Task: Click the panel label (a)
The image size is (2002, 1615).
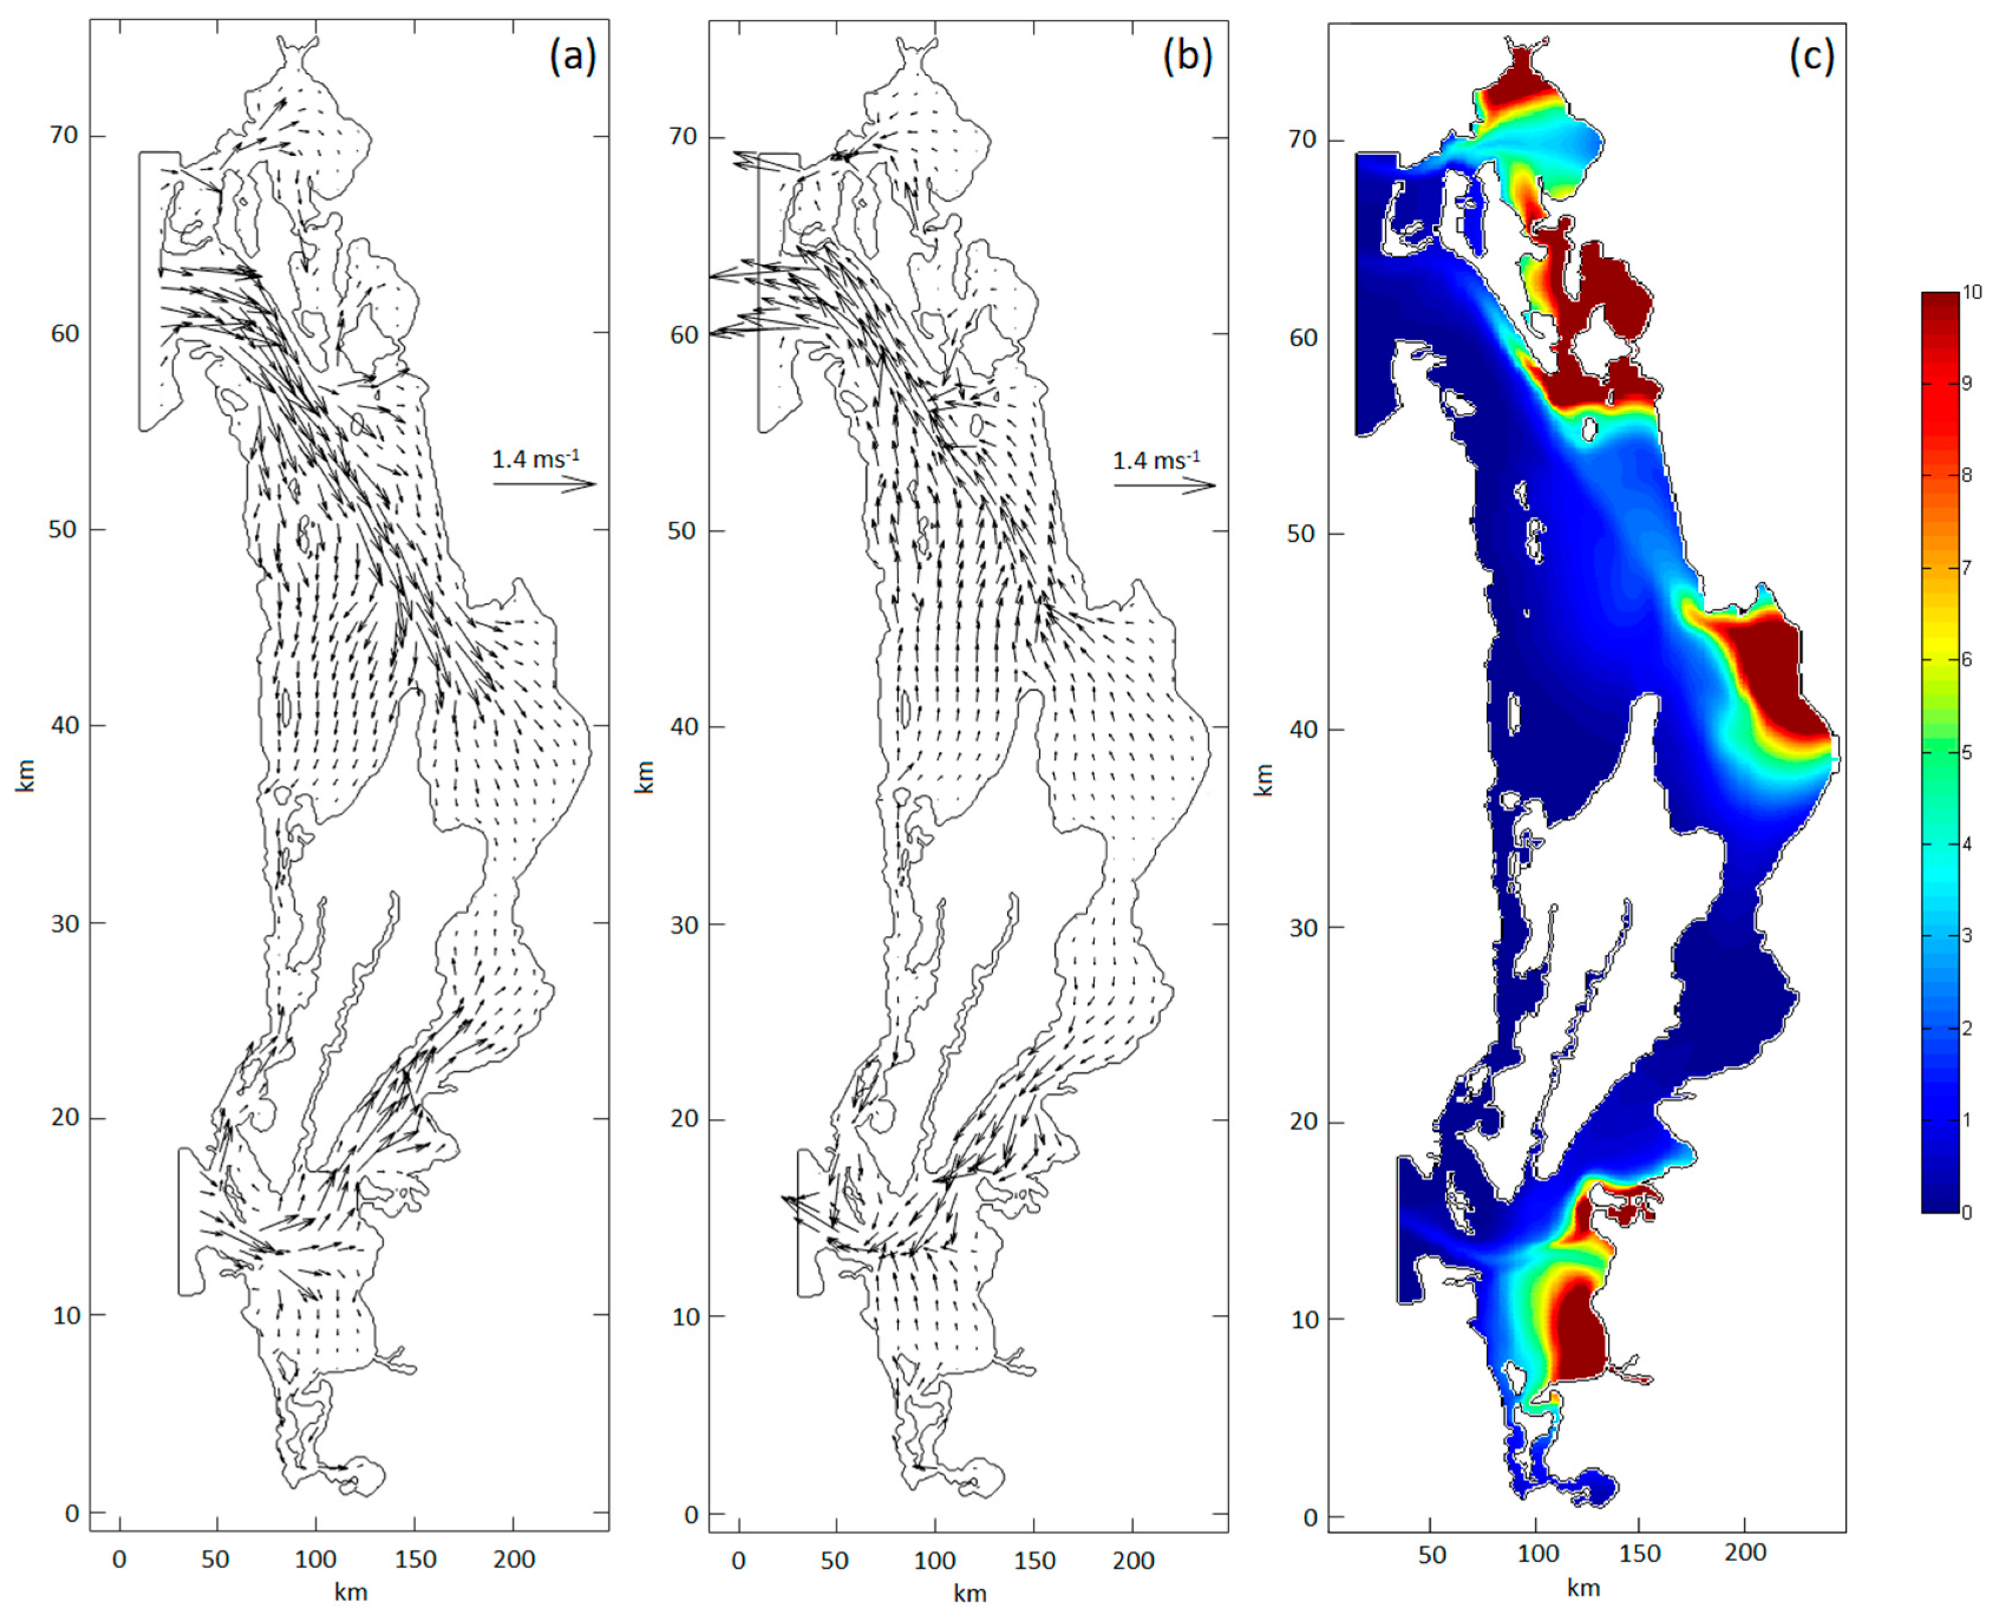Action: click(x=572, y=57)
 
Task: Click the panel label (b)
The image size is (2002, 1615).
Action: click(x=1188, y=57)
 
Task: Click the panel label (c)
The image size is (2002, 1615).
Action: click(x=1811, y=57)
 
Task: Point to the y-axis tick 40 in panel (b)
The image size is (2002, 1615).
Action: click(x=685, y=727)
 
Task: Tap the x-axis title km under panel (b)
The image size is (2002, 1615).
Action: click(x=970, y=1594)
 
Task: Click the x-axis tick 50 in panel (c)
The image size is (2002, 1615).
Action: click(x=1432, y=1553)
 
